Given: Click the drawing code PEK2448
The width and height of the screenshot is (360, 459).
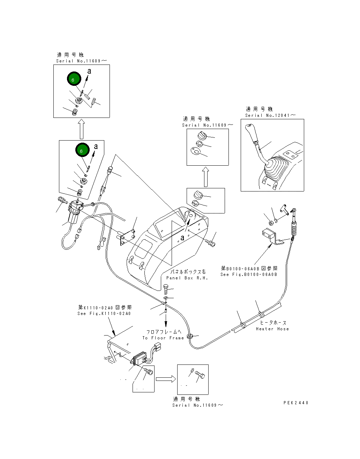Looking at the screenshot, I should tap(296, 402).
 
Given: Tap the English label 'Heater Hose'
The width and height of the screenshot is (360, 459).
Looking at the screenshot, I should tap(272, 329).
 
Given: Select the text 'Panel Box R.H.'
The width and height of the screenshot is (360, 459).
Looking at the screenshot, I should tap(187, 278).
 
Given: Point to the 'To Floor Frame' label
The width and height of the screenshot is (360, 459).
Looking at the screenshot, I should tap(163, 338).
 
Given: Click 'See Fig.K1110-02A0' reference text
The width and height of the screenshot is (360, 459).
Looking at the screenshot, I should tap(104, 314).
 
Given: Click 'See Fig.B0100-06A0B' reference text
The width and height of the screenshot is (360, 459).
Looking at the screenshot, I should tap(249, 274).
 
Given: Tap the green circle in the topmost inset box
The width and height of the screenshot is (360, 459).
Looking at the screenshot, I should tap(74, 79).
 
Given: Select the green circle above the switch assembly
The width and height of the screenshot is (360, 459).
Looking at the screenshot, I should tap(82, 150).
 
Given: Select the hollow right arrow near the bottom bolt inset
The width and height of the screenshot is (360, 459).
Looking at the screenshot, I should tap(166, 379).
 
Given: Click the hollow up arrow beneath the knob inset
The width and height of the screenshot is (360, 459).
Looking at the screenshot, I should tap(205, 177).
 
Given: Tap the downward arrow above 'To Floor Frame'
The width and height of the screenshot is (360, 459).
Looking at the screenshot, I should tap(166, 319).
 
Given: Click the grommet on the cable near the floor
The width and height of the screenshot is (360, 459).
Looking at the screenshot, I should tap(190, 336).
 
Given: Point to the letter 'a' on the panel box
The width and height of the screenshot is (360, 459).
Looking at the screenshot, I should tap(182, 238).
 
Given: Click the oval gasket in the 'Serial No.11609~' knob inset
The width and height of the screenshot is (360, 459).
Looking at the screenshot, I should tap(195, 151).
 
